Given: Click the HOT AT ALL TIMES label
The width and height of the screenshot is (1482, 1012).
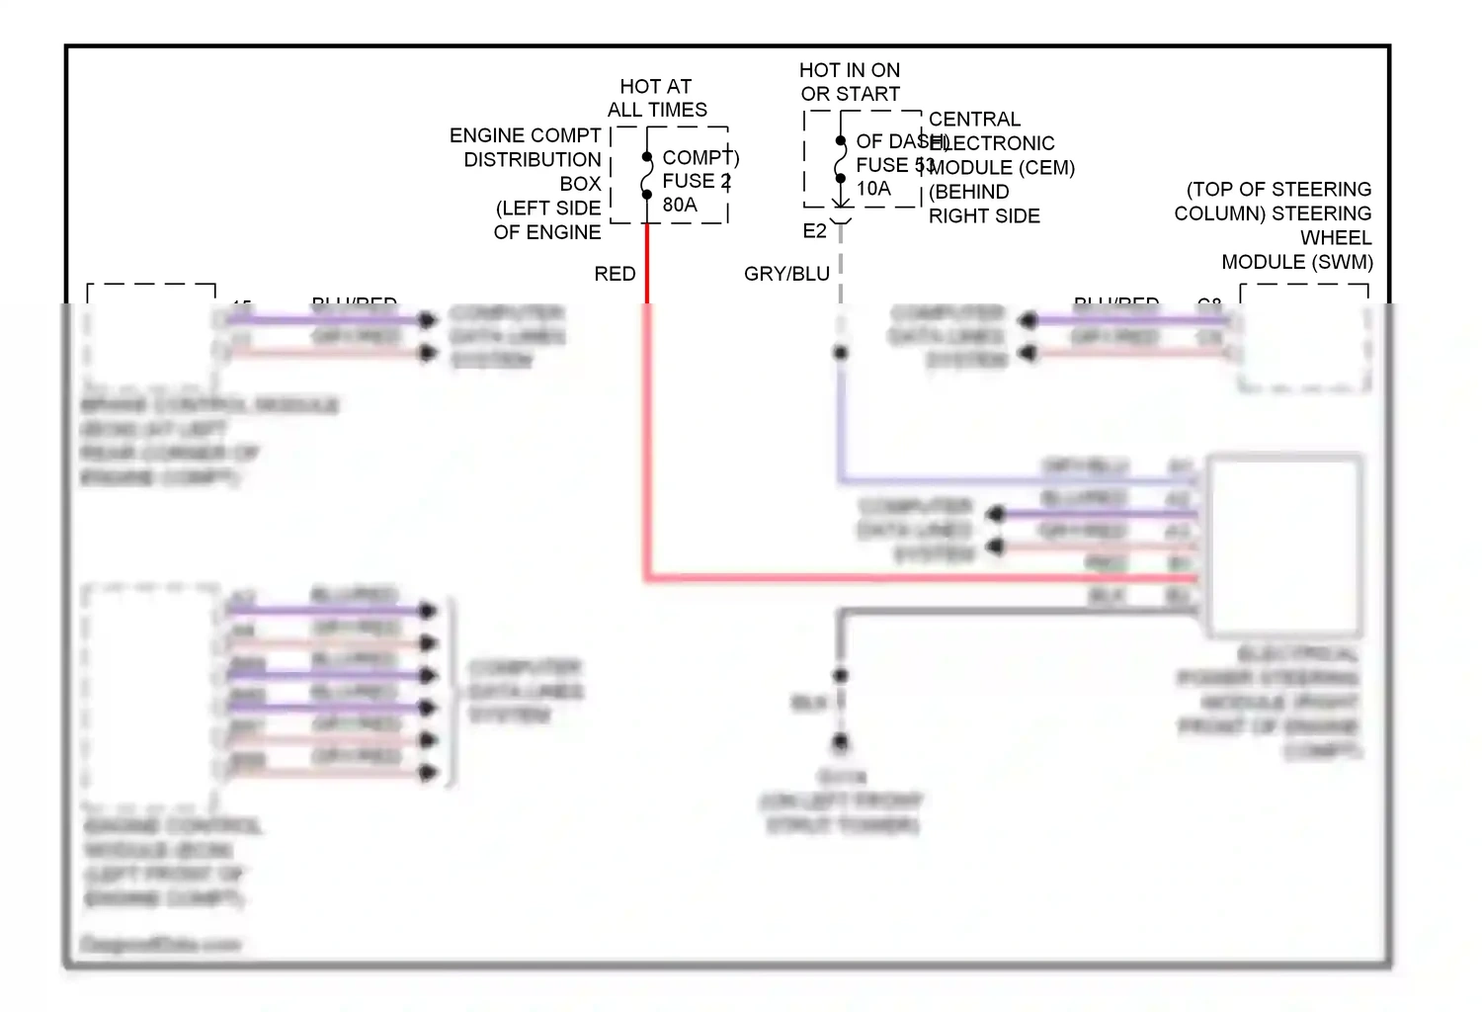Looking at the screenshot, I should [x=657, y=98].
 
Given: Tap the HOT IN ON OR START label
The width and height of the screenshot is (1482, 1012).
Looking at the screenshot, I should [x=850, y=82].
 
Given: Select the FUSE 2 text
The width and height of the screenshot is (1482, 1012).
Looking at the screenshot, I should [x=696, y=181].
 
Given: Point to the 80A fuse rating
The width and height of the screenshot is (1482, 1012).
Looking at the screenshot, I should [x=680, y=205].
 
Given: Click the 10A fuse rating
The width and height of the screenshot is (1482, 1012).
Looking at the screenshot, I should [x=873, y=189].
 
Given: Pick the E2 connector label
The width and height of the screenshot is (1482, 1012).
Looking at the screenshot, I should [x=814, y=231].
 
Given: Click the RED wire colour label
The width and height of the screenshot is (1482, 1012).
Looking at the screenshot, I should [x=615, y=274].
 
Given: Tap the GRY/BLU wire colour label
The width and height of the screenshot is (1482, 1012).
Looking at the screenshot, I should [x=786, y=274].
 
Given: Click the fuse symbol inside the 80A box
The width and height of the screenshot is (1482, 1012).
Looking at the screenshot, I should [x=647, y=176].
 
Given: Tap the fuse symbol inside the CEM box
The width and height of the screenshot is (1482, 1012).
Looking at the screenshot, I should [x=841, y=160].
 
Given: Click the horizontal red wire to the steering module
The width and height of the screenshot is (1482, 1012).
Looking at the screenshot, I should [x=919, y=577].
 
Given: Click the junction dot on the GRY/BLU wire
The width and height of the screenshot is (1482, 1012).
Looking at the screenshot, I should [x=841, y=353].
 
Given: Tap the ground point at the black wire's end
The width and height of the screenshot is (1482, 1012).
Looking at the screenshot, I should [x=841, y=741].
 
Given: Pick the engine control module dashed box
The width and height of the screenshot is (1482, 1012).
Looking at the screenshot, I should [x=151, y=692].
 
